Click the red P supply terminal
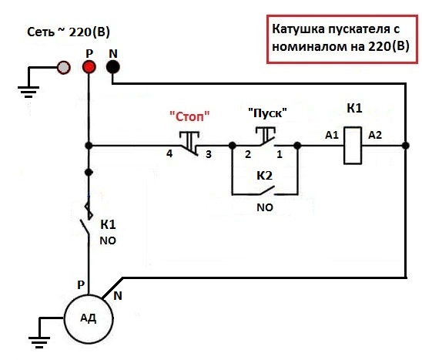point(89,67)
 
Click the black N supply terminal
point(112,67)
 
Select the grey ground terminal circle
point(63,68)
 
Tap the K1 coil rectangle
point(353,146)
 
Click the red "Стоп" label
point(189,116)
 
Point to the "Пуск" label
point(267,113)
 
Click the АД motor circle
point(89,319)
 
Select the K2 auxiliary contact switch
point(267,190)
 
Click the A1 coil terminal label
point(332,135)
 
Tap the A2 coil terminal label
point(375,135)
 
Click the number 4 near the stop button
point(169,153)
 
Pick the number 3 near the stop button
point(209,154)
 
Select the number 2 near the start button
point(248,154)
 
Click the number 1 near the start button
point(280,154)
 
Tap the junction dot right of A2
point(406,146)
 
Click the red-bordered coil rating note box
point(343,39)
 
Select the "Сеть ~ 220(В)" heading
point(69,32)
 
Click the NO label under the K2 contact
point(265,207)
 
